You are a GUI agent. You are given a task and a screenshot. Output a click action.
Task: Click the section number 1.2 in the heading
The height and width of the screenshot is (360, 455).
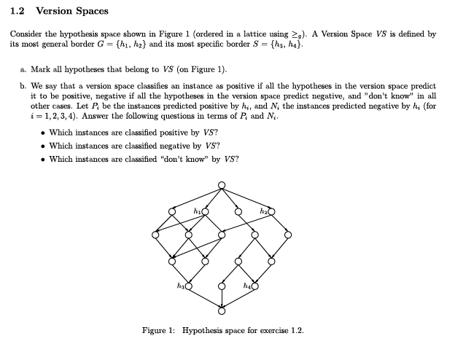17,11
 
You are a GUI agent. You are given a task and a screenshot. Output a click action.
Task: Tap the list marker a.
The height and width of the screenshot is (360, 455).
24,69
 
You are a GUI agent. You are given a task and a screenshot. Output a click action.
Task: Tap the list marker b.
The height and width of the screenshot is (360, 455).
24,86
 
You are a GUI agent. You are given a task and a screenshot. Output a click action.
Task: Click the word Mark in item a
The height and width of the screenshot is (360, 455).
41,69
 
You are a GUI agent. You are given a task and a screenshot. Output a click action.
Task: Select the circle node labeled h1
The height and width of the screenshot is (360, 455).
205,211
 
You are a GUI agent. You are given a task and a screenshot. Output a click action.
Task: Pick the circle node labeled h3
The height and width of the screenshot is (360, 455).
189,286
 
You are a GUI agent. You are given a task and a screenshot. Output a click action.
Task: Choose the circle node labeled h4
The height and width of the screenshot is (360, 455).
254,286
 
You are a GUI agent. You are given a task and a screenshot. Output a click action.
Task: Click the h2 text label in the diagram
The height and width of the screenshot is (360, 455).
263,211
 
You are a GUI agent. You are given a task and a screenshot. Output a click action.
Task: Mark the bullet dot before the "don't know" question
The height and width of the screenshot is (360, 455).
44,159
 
